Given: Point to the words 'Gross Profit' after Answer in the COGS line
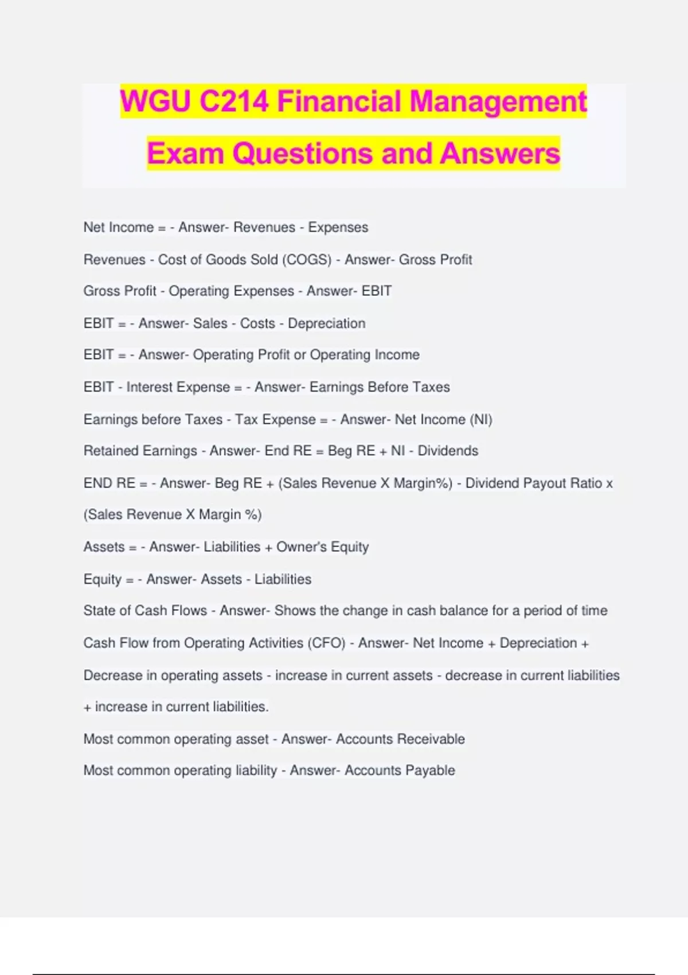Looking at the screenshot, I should coord(435,260).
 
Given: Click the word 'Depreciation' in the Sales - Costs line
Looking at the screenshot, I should coord(326,323).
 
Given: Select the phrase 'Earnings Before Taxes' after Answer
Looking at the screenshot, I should coord(380,387).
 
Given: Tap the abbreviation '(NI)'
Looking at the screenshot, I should coord(481,419).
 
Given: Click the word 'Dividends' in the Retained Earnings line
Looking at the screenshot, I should coord(448,451).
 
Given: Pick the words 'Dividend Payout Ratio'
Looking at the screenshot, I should coord(533,483).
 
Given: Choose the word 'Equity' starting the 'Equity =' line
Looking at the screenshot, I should coord(103,579).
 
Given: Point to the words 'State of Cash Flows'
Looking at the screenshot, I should coord(145,611).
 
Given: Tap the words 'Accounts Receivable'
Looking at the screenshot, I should coord(400,739).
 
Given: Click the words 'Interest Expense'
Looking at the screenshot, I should coord(178,387).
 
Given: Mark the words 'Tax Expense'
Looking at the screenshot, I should coord(275,419).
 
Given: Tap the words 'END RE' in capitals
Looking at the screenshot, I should coord(110,483).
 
